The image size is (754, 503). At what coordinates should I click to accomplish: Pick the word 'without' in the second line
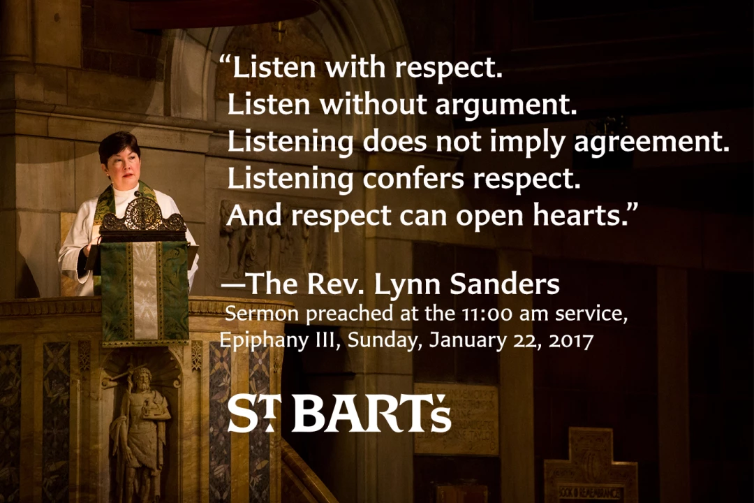point(373,104)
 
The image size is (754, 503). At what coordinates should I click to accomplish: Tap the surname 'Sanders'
point(505,284)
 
